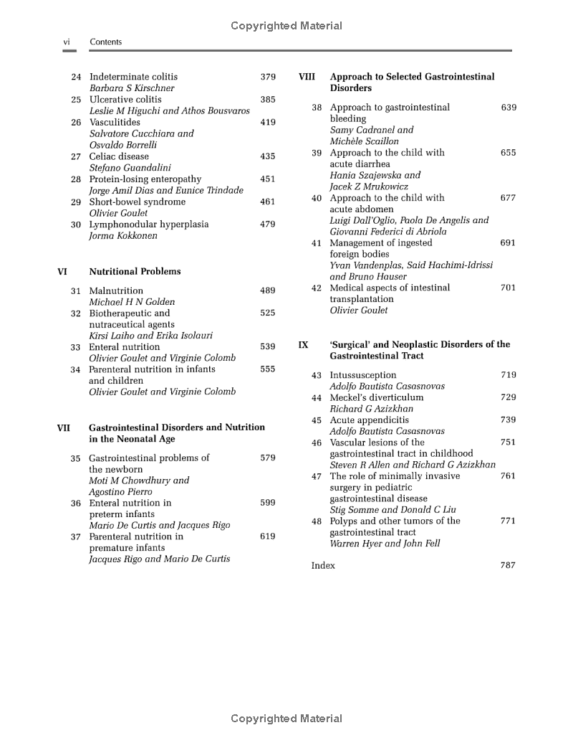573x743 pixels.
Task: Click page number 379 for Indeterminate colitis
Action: tap(267, 77)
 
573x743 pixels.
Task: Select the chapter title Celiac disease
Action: tap(119, 156)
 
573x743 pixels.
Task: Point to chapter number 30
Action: tap(75, 224)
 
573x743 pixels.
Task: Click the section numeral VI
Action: tap(62, 272)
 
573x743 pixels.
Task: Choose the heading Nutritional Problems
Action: tap(135, 272)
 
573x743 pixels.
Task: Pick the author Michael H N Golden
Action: tap(132, 303)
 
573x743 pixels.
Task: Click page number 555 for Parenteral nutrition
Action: tap(267, 369)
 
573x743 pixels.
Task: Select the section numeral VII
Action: tap(63, 428)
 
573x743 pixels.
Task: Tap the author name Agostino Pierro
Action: tap(120, 492)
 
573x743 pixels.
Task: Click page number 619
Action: tap(267, 536)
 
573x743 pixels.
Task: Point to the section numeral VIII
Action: tap(307, 77)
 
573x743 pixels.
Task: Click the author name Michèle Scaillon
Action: tap(364, 141)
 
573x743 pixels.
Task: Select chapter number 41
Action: tap(317, 243)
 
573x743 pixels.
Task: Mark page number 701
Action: tap(508, 288)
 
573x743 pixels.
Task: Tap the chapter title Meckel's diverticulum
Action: tap(376, 397)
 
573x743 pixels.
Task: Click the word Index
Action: tap(323, 566)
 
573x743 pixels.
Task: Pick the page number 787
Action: tap(508, 566)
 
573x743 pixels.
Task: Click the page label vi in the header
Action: tap(67, 42)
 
